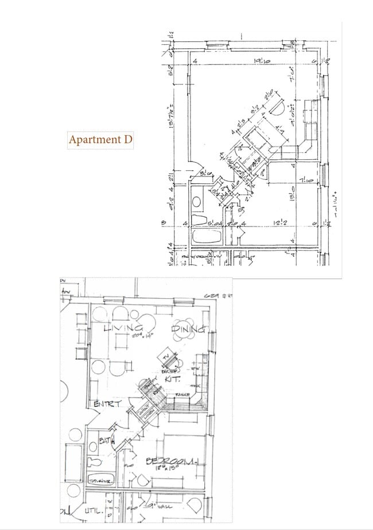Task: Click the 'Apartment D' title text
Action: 100,140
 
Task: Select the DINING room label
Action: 189,329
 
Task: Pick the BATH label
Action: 106,441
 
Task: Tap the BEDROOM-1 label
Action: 172,461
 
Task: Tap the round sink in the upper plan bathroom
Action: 196,202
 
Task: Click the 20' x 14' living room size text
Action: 127,336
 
